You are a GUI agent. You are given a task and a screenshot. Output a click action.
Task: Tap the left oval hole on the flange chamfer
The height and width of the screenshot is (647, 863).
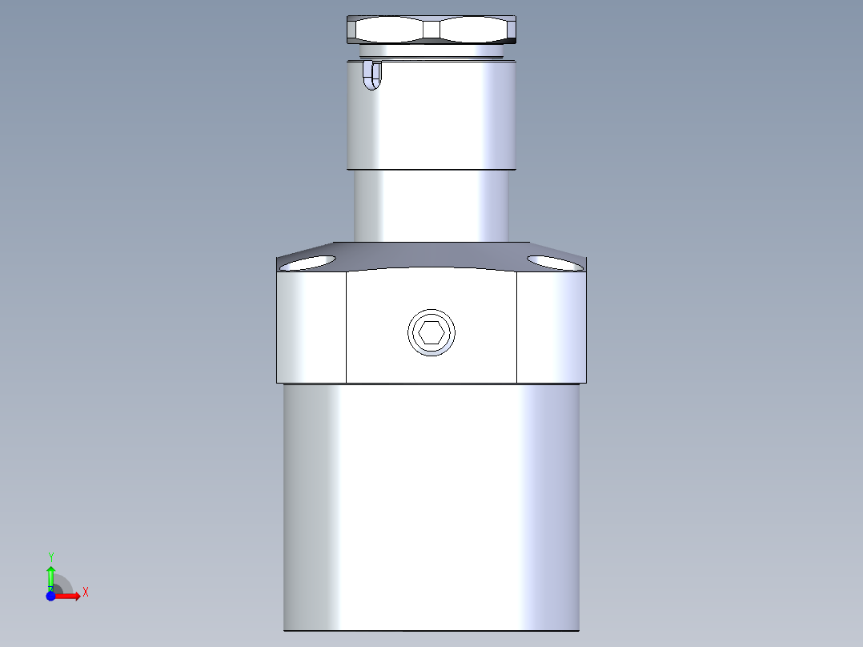(x=310, y=263)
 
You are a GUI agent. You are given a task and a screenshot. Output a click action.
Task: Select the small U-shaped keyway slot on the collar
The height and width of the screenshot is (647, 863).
(x=373, y=76)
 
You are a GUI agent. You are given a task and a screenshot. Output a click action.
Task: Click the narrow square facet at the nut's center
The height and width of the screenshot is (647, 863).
(x=431, y=30)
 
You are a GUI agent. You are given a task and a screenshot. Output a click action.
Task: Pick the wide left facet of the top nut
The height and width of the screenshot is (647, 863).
(x=391, y=30)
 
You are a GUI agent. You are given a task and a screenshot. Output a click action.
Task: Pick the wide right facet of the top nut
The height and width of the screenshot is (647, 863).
(x=474, y=30)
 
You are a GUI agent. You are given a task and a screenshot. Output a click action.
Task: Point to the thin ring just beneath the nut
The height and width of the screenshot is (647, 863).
(x=431, y=51)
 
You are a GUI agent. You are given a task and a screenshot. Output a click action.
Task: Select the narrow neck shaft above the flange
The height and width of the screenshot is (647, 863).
(x=431, y=206)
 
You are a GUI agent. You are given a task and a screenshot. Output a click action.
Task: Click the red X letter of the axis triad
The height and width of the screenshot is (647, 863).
(x=86, y=593)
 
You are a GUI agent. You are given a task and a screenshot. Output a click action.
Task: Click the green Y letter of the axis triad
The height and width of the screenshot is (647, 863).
(x=50, y=556)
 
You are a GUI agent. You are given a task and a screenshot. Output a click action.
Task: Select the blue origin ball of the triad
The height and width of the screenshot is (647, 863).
(x=50, y=596)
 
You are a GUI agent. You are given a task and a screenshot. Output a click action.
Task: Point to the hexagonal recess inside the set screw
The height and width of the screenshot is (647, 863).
(x=431, y=332)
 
